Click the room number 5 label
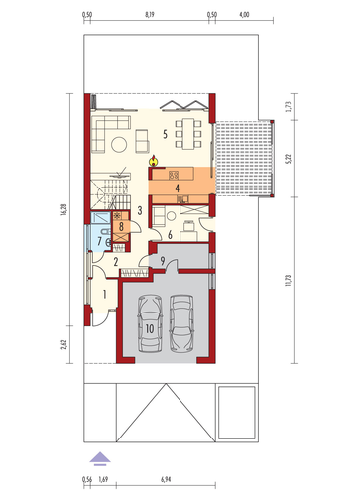pos(165,134)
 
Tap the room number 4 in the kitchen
pos(178,188)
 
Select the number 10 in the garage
pos(150,328)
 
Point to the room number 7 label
pos(100,241)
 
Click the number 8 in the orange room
pos(121,227)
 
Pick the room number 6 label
pos(170,235)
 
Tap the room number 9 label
pos(162,261)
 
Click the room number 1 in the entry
pos(105,294)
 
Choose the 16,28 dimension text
pos(64,210)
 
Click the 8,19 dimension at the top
pos(150,15)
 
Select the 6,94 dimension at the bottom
pos(166,479)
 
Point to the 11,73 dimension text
pos(289,280)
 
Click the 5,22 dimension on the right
pos(289,159)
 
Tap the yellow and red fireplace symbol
pos(153,161)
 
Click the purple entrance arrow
pos(100,459)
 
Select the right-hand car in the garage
pos(181,323)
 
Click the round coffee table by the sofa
pos(119,145)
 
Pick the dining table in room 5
pos(188,133)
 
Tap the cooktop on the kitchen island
pos(174,175)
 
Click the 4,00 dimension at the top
pos(244,15)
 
